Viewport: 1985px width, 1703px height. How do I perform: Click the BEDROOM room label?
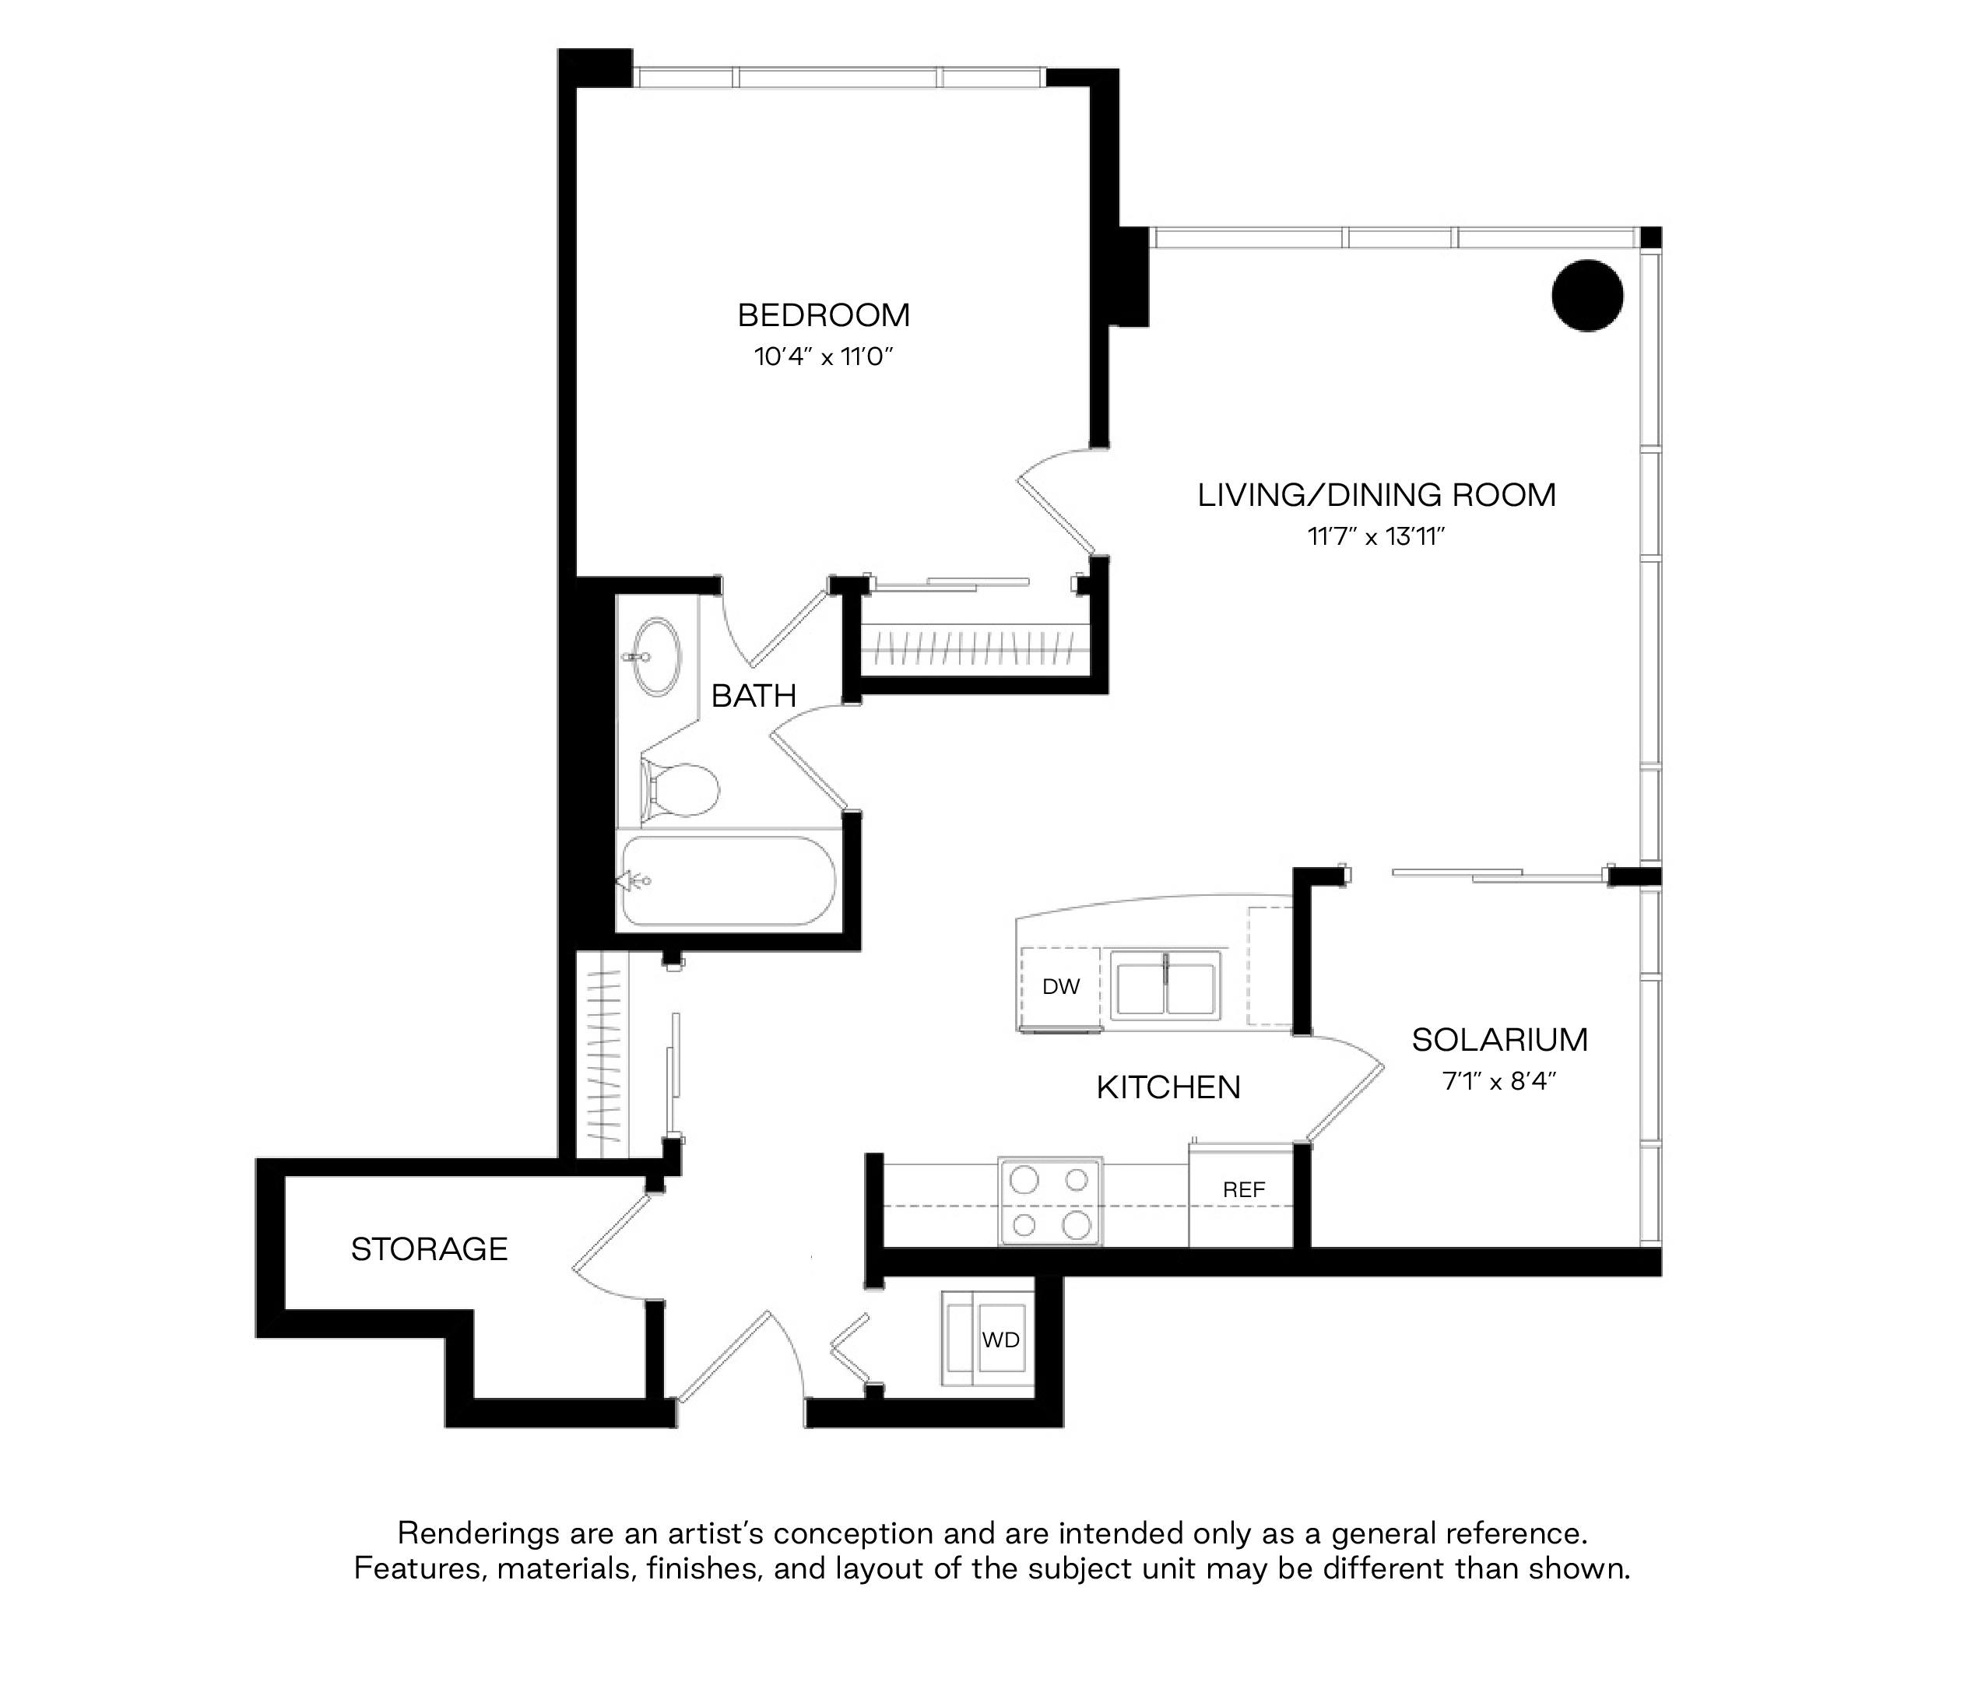[824, 315]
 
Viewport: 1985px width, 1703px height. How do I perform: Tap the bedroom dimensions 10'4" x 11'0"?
[824, 357]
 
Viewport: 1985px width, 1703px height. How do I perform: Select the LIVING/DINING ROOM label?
[1377, 495]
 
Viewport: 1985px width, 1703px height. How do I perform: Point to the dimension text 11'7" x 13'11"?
[1377, 536]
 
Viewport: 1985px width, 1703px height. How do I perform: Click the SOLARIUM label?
[1499, 1039]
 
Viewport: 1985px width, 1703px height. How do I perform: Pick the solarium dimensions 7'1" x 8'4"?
[1499, 1081]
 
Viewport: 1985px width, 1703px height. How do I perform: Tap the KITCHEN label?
[1168, 1087]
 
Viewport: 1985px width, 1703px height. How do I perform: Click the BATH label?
[754, 695]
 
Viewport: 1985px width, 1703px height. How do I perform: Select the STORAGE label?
[429, 1249]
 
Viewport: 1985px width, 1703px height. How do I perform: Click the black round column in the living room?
[1587, 296]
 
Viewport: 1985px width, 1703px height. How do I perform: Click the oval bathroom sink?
[656, 657]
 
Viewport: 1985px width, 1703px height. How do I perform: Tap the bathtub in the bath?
[728, 881]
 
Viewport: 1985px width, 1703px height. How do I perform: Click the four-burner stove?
[1050, 1201]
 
